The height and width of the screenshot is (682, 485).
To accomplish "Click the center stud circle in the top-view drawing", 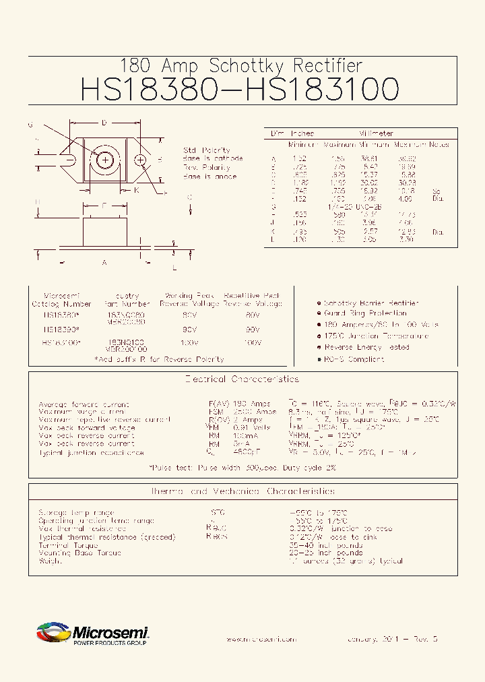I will coord(106,160).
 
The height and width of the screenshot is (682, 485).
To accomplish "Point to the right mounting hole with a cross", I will coord(141,160).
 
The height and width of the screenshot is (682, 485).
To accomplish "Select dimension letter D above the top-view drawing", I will coord(104,123).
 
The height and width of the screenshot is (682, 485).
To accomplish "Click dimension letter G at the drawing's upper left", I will coord(30,125).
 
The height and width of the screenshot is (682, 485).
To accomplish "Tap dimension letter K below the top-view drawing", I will coord(136,190).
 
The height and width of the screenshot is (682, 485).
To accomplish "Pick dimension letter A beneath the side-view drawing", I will coord(104,263).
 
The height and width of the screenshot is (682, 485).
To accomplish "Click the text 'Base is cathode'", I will coord(209,158).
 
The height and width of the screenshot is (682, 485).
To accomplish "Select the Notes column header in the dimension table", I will coord(439,145).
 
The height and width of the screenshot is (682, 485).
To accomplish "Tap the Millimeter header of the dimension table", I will coord(376,133).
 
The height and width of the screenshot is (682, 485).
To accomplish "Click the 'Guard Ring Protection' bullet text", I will coord(365,313).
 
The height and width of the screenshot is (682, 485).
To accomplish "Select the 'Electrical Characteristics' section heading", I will coord(242,379).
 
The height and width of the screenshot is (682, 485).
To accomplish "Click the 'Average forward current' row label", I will coord(84,404).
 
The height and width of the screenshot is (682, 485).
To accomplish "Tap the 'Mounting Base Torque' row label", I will coord(80,553).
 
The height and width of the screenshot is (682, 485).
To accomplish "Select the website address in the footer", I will coord(261,639).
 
